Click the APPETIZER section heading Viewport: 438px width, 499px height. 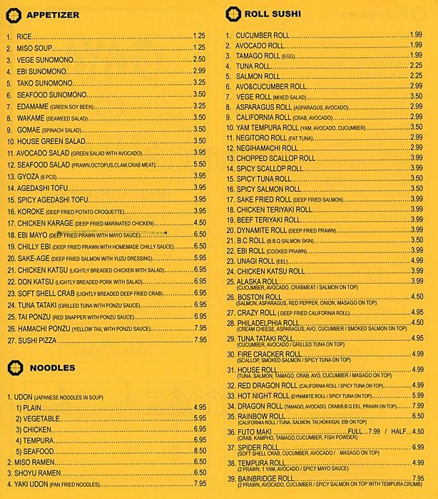[x=54, y=14]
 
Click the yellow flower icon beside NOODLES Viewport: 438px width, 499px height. [x=14, y=367]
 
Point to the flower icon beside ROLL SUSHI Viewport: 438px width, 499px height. [x=231, y=13]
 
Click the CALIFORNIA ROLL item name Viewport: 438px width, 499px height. [x=263, y=116]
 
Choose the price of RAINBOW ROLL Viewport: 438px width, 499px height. [x=417, y=416]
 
